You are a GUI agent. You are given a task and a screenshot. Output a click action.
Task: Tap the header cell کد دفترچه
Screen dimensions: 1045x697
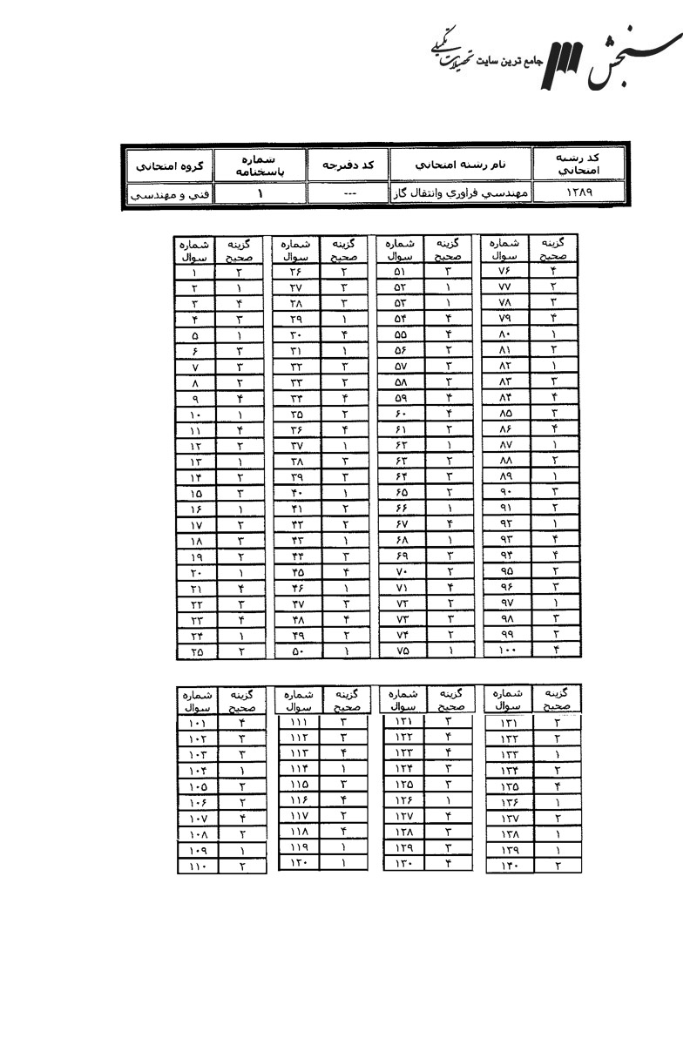(x=348, y=164)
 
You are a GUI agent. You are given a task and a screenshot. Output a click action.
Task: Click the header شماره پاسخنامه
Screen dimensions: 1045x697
(x=261, y=164)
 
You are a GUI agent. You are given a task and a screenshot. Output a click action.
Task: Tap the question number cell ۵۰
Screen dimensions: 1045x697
(x=296, y=650)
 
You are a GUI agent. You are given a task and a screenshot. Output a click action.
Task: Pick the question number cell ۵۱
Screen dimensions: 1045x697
(x=400, y=271)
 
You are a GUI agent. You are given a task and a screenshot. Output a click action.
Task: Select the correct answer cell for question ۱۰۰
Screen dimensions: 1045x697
(x=555, y=650)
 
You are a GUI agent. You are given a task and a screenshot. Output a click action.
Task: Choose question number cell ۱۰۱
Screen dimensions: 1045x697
(x=198, y=722)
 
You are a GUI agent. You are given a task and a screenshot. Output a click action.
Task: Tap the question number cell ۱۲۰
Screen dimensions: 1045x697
(x=298, y=863)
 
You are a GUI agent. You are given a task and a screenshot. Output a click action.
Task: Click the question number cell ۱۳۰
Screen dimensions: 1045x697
(x=403, y=863)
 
